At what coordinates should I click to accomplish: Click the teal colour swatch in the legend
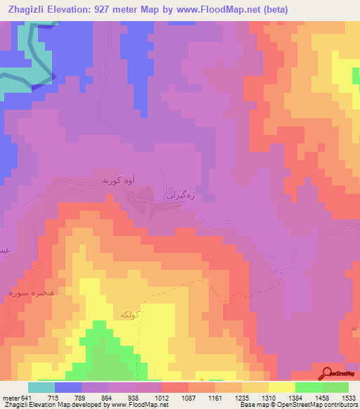[x=41, y=387]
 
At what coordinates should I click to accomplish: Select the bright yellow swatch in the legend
[x=282, y=387]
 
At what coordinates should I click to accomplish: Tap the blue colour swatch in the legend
[x=68, y=387]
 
